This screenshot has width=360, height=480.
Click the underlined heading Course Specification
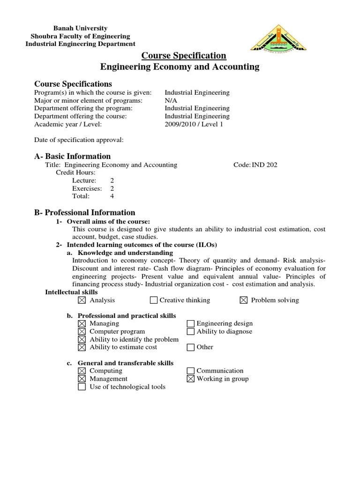click(184, 56)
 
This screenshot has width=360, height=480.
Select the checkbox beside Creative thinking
click(154, 300)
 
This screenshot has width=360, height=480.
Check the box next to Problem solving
click(243, 300)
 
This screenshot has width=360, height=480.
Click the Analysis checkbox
click(82, 300)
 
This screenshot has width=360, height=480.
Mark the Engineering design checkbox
click(190, 323)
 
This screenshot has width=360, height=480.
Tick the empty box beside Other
click(190, 347)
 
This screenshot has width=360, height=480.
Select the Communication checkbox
click(190, 371)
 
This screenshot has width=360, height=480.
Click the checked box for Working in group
click(190, 379)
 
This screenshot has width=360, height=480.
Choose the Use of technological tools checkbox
click(82, 387)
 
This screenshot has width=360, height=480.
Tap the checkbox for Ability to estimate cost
click(82, 347)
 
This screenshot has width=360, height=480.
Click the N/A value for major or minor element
click(171, 101)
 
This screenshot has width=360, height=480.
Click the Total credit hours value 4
click(112, 196)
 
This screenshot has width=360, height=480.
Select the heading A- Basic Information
click(73, 156)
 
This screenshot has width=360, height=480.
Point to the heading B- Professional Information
click(85, 212)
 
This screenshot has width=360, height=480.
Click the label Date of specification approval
click(79, 140)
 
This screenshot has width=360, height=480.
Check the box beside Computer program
click(82, 331)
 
